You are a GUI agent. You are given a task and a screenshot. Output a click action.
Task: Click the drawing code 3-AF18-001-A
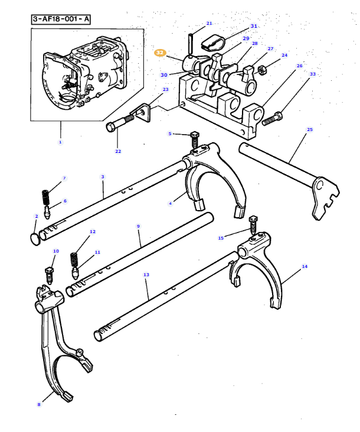[x=61, y=19]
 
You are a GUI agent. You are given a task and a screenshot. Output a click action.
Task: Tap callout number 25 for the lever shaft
[x=309, y=129]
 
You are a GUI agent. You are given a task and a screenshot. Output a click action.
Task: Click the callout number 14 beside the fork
[x=305, y=267]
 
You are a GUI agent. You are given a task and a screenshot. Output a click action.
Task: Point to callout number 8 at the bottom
[x=39, y=404]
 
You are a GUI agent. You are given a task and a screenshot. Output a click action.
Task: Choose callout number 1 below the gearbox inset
[x=60, y=142]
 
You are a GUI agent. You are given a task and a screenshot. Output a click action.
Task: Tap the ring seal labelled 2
[x=35, y=236]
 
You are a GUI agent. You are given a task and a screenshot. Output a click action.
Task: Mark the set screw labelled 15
[x=254, y=225]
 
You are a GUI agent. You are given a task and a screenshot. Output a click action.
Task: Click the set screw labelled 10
[x=50, y=274]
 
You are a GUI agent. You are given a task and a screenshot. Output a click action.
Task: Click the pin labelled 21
[x=191, y=43]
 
